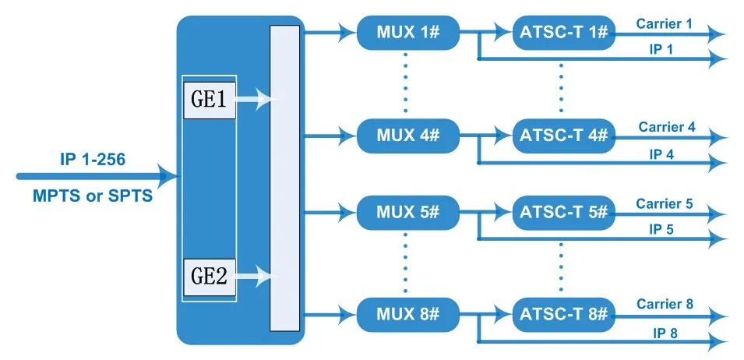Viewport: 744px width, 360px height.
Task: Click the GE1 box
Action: pyautogui.click(x=210, y=100)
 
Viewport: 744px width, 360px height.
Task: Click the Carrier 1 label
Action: pyautogui.click(x=664, y=23)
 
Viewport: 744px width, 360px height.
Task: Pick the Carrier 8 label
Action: pyautogui.click(x=665, y=304)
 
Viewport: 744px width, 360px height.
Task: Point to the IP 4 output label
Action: pyautogui.click(x=661, y=154)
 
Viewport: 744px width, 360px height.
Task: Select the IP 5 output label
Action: pyautogui.click(x=661, y=229)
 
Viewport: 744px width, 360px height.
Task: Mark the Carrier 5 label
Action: pyautogui.click(x=664, y=203)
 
